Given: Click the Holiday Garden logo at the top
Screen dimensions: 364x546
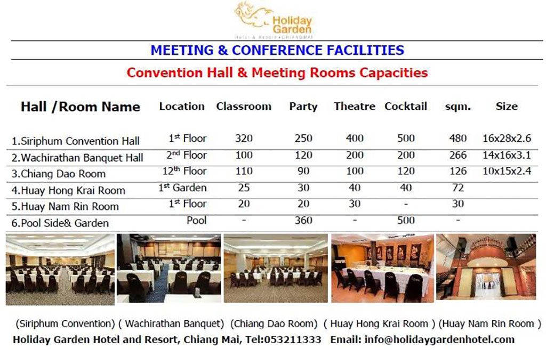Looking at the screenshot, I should (273, 20).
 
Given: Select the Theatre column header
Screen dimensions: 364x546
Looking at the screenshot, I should (355, 106).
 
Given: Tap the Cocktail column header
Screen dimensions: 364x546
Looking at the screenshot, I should (406, 106).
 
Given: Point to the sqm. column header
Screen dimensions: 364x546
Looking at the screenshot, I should (458, 107).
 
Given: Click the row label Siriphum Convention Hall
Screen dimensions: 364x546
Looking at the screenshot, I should (76, 141).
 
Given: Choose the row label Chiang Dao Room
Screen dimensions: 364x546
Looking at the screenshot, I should (59, 174).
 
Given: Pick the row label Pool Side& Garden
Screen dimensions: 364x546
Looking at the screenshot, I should (60, 223).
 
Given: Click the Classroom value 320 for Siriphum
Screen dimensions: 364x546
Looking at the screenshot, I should (244, 139).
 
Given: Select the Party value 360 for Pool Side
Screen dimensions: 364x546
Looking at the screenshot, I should (303, 220).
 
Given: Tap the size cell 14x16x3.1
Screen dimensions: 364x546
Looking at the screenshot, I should (507, 155).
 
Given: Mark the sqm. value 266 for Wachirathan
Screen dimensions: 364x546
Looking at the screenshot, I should (458, 155).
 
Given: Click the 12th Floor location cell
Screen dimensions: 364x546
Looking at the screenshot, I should (184, 171).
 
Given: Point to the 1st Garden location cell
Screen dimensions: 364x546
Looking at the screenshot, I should (182, 188).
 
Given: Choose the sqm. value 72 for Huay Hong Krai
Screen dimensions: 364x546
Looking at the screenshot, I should (457, 188).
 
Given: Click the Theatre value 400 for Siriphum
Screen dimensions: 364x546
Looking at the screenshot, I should (355, 139).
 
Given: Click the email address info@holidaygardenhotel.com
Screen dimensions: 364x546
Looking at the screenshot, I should (440, 339).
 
